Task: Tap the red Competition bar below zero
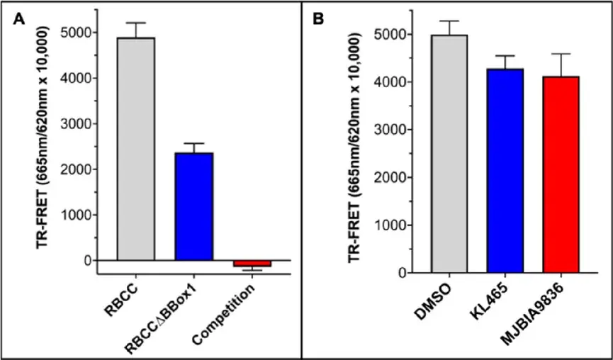pos(252,263)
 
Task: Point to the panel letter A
pos(19,19)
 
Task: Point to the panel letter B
pos(319,19)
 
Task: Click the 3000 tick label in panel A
pos(79,123)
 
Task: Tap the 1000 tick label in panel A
pos(79,215)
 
